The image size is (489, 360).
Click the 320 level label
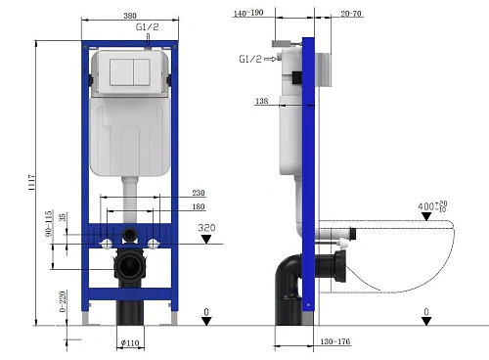(206, 229)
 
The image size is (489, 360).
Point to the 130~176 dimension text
(336, 341)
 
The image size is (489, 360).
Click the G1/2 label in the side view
(250, 59)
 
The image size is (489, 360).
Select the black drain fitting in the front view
(129, 267)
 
